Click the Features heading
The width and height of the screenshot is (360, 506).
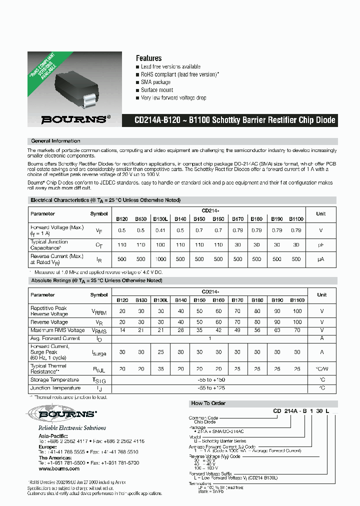click(x=148, y=58)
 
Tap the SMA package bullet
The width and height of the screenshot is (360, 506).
click(x=155, y=82)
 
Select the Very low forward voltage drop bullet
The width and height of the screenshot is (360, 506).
click(x=173, y=98)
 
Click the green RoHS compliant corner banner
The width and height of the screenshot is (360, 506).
click(x=43, y=71)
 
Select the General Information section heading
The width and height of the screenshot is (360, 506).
click(x=55, y=141)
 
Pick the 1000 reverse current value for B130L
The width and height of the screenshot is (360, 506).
click(x=160, y=259)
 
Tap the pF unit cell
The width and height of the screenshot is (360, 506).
click(x=321, y=245)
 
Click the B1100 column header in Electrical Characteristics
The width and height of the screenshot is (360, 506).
click(x=296, y=218)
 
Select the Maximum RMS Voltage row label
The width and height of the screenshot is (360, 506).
click(x=57, y=330)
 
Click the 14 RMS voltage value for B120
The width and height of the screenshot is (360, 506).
click(x=122, y=330)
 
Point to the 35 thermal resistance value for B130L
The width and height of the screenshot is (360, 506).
click(x=160, y=369)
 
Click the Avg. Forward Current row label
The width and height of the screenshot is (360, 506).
click(x=55, y=338)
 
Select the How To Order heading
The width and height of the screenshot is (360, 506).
click(x=208, y=403)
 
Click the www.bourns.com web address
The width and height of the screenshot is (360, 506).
click(x=56, y=468)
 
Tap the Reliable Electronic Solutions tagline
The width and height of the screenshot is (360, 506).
click(x=72, y=428)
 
